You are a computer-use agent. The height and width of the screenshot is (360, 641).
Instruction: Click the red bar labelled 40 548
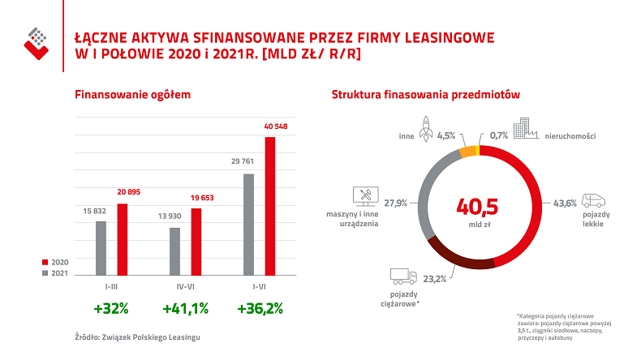(270, 206)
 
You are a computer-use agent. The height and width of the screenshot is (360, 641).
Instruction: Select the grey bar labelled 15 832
(101, 248)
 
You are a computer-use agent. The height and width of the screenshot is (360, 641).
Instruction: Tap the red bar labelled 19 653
(196, 242)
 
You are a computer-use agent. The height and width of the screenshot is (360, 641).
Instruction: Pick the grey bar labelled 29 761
(249, 225)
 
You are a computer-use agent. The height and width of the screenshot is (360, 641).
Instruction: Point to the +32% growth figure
(111, 308)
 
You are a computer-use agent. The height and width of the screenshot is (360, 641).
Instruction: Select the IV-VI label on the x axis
(185, 286)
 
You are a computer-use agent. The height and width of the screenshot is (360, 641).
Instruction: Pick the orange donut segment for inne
(467, 151)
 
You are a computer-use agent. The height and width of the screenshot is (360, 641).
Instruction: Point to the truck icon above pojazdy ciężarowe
(403, 275)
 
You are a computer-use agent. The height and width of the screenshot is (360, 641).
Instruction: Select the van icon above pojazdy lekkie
(596, 201)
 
